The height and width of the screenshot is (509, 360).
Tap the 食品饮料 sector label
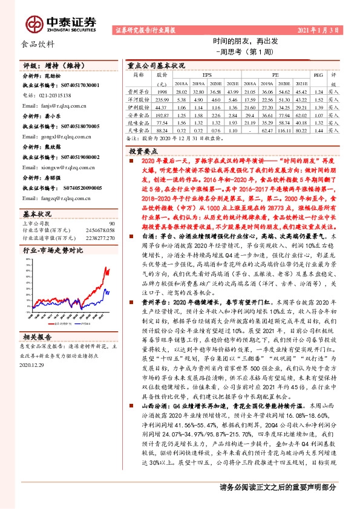tap(38, 44)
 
